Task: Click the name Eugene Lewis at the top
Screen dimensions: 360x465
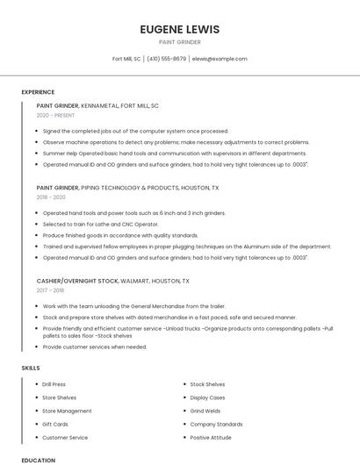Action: click(180, 29)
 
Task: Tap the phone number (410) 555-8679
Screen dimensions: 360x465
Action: click(167, 59)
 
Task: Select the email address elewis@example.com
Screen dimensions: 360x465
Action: click(220, 59)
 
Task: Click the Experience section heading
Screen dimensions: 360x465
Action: click(38, 91)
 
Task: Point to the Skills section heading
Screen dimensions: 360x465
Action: click(31, 368)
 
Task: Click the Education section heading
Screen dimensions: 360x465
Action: click(39, 460)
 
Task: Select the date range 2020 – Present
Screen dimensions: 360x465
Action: click(55, 115)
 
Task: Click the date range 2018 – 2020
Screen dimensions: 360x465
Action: click(51, 197)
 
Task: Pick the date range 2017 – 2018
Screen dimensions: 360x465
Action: click(50, 290)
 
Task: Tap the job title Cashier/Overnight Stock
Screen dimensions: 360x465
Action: click(77, 281)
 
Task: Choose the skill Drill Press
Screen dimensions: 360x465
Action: click(54, 384)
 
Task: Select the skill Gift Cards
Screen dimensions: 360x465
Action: click(54, 424)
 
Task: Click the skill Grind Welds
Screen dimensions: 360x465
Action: click(205, 411)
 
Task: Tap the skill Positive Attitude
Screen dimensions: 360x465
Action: click(211, 437)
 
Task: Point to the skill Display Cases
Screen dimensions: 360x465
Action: click(207, 397)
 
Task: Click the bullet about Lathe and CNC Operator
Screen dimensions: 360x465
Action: click(101, 224)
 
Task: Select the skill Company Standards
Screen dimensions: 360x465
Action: click(216, 424)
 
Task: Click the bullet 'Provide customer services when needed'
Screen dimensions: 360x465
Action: click(95, 347)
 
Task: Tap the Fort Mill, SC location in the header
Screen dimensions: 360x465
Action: click(126, 59)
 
